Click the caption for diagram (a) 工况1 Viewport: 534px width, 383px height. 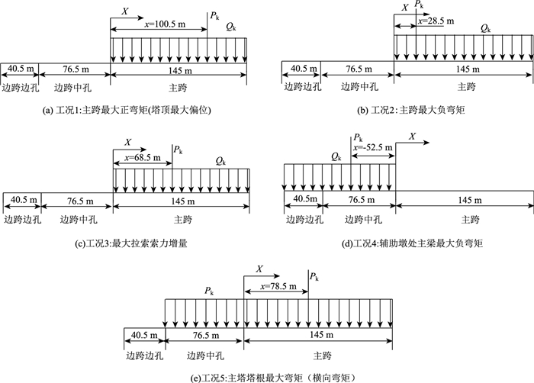(128, 111)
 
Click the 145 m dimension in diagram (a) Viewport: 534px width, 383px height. (178, 69)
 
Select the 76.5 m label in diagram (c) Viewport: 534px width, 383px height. (76, 201)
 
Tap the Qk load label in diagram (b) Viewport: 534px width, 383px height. (485, 28)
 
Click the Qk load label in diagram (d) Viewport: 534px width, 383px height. (336, 156)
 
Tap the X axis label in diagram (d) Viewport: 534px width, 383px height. (413, 136)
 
